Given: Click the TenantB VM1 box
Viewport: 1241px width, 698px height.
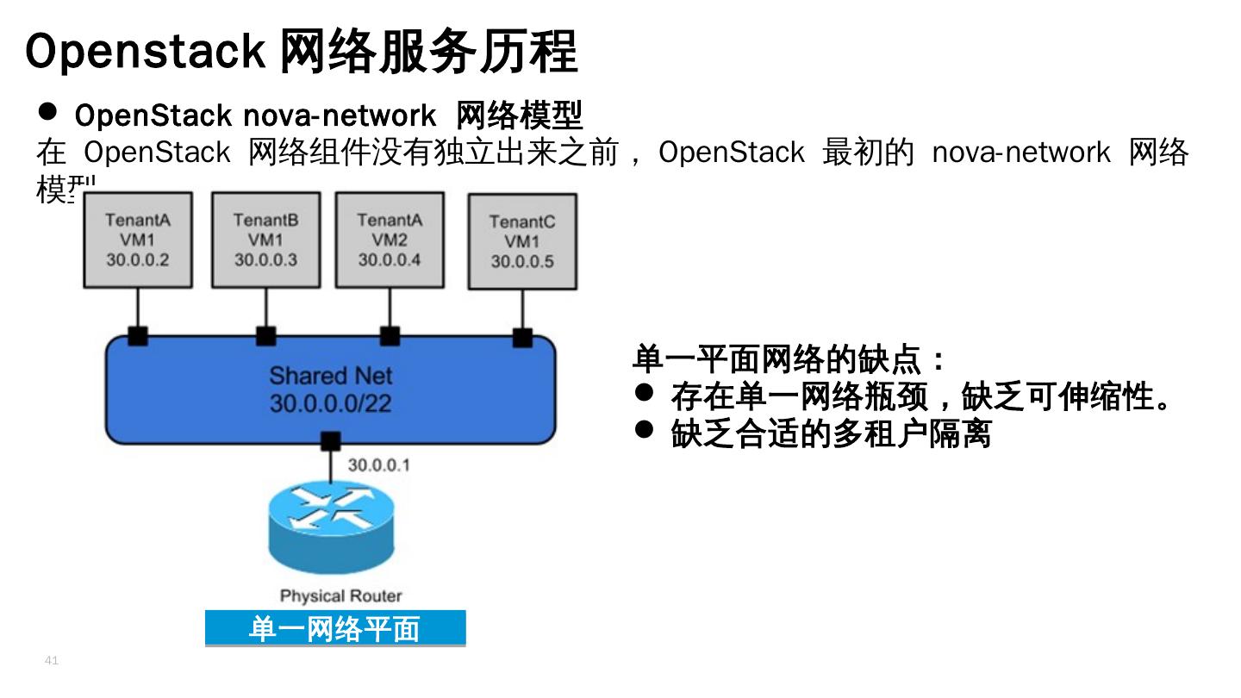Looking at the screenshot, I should (265, 240).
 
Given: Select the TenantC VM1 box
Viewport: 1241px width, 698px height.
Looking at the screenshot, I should (522, 241).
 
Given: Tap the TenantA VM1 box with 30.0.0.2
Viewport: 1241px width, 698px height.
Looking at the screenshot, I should (138, 240).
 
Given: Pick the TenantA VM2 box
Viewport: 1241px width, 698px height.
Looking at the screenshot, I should (390, 240).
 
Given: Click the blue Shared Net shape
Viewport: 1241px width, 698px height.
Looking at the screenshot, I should (330, 390).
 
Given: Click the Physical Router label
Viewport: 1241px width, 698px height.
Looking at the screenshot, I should (340, 595).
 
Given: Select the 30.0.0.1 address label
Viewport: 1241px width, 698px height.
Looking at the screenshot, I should (379, 465).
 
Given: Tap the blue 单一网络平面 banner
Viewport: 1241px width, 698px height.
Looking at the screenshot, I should (335, 628).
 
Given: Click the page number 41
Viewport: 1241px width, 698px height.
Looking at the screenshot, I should (51, 661).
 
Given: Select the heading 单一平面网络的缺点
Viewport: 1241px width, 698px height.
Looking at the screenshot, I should (789, 358).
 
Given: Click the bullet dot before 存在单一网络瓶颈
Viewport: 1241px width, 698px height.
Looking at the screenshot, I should (645, 392).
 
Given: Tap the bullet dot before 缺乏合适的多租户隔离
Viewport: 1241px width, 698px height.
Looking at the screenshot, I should (645, 428).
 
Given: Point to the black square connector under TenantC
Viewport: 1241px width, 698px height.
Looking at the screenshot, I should (522, 337).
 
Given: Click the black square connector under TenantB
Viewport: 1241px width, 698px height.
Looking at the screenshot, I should (265, 336).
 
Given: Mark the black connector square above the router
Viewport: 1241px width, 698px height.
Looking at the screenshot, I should (330, 442).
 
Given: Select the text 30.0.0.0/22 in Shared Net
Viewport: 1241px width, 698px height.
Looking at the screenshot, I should (330, 402).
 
